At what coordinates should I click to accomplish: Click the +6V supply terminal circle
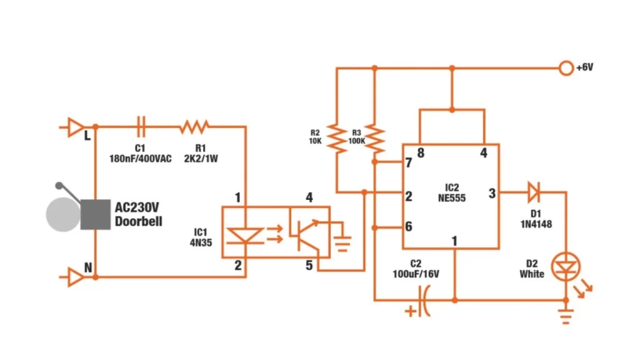click(x=566, y=67)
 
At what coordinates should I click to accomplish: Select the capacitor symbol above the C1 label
click(x=142, y=127)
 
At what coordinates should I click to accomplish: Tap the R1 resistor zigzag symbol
click(x=194, y=127)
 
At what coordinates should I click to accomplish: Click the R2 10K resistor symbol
click(x=337, y=139)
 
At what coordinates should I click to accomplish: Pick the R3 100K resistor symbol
click(x=374, y=139)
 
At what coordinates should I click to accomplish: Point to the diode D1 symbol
click(x=533, y=192)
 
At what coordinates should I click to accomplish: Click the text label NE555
click(x=451, y=197)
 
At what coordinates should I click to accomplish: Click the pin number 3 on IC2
click(x=492, y=194)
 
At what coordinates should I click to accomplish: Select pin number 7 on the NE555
click(x=409, y=163)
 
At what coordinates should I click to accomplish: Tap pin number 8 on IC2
click(x=421, y=152)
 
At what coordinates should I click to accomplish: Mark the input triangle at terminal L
click(x=75, y=127)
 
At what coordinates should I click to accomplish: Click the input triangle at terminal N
click(x=75, y=277)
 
